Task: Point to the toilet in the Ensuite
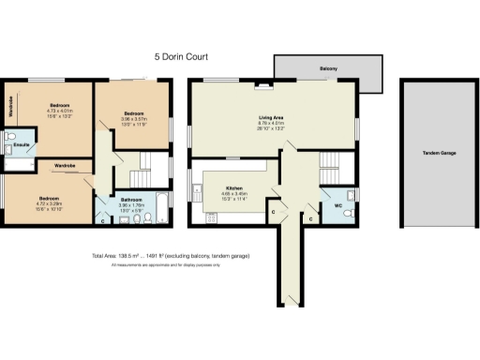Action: (8, 137)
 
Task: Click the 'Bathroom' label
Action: (130, 199)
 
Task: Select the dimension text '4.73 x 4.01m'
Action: (59, 111)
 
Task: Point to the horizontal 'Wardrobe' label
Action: (65, 166)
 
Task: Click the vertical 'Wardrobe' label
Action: (10, 104)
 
